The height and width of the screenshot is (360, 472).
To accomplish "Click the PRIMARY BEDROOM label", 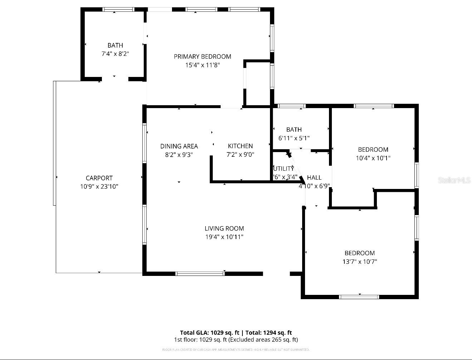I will point(202,57).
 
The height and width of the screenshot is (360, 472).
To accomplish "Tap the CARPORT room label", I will point(99,178).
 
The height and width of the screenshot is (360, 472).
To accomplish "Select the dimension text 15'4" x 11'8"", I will point(202,65).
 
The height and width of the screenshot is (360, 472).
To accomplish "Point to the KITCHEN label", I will point(240,146).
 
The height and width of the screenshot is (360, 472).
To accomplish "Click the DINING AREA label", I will point(179,146).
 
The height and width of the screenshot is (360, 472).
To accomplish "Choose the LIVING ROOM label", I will point(224,228).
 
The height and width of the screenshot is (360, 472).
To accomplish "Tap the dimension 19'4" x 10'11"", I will point(224,237).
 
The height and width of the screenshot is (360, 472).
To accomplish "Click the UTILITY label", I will point(283,169).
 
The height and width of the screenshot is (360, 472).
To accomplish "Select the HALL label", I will point(314,177).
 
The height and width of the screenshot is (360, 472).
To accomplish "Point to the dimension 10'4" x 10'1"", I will point(373,158).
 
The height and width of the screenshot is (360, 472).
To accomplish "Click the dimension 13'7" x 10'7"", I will point(360,262).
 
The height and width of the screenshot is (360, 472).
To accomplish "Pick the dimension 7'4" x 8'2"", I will point(115,54).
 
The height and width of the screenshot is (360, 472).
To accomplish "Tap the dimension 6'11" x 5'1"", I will point(294,138).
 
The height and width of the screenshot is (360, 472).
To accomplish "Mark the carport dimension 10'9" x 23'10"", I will point(99,186).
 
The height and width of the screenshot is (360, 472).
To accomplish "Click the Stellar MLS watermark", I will point(454,180).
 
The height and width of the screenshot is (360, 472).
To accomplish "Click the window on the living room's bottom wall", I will point(200,274).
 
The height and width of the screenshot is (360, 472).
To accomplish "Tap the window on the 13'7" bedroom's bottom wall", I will point(359,297).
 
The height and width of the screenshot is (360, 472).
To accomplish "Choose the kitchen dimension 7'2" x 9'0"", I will point(240,155).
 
